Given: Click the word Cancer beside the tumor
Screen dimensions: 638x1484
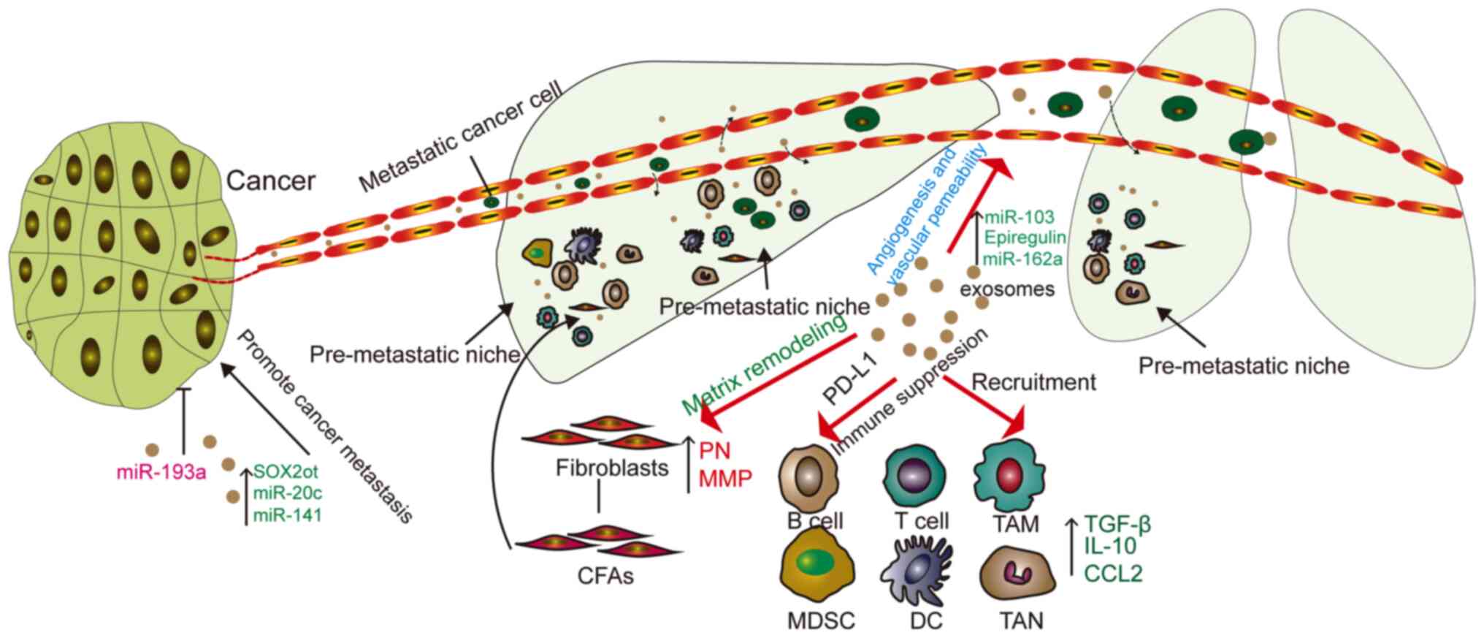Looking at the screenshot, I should (271, 181).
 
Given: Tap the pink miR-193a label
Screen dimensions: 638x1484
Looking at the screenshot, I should (161, 473).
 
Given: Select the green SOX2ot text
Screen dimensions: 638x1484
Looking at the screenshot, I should (286, 472).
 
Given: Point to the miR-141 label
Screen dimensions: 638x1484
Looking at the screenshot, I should (287, 515).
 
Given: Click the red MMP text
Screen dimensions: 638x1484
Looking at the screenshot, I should (725, 479).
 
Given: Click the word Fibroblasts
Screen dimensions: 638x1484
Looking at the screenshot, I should (612, 468).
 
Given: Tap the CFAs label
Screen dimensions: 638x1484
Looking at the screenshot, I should (605, 576).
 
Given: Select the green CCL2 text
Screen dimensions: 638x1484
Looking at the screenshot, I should (1113, 574).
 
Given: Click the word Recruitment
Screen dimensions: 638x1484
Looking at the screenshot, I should (1033, 381).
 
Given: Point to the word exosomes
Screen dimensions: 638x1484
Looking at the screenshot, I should (1007, 289).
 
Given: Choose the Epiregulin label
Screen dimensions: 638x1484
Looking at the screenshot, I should (1025, 238).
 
